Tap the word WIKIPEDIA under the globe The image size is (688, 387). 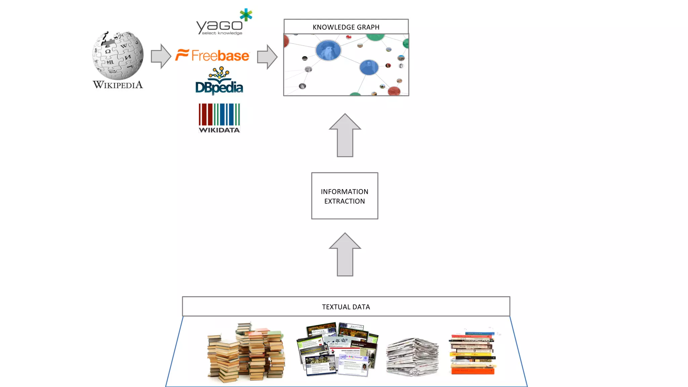(x=118, y=85)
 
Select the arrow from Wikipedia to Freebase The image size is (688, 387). (x=161, y=56)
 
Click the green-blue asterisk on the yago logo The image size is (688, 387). (x=246, y=15)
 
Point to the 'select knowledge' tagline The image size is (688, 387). (x=222, y=33)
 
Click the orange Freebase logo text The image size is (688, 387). (x=220, y=56)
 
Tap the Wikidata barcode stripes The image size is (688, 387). (x=219, y=114)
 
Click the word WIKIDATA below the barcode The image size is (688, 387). (x=219, y=130)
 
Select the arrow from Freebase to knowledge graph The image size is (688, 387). (x=267, y=57)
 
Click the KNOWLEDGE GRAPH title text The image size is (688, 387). (x=346, y=27)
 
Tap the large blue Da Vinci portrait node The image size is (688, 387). (x=328, y=50)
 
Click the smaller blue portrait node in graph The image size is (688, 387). (x=369, y=67)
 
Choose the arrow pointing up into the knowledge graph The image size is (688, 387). (x=345, y=135)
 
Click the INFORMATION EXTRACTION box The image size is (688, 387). (x=345, y=196)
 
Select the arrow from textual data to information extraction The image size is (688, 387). (x=345, y=255)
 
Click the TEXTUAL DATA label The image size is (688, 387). (x=346, y=307)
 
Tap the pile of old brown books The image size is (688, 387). (x=246, y=353)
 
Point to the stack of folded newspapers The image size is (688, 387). (x=413, y=357)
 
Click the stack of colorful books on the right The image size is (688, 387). (x=472, y=353)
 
